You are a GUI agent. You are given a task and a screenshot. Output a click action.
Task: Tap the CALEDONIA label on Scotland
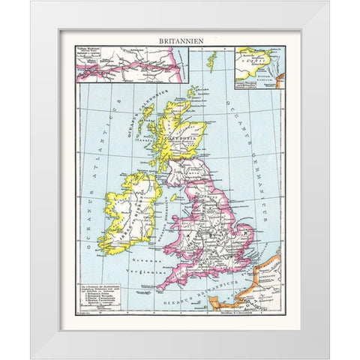(183, 138)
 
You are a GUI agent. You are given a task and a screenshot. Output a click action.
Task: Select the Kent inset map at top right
(259, 64)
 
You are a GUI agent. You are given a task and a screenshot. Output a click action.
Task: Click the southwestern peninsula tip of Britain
(159, 288)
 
